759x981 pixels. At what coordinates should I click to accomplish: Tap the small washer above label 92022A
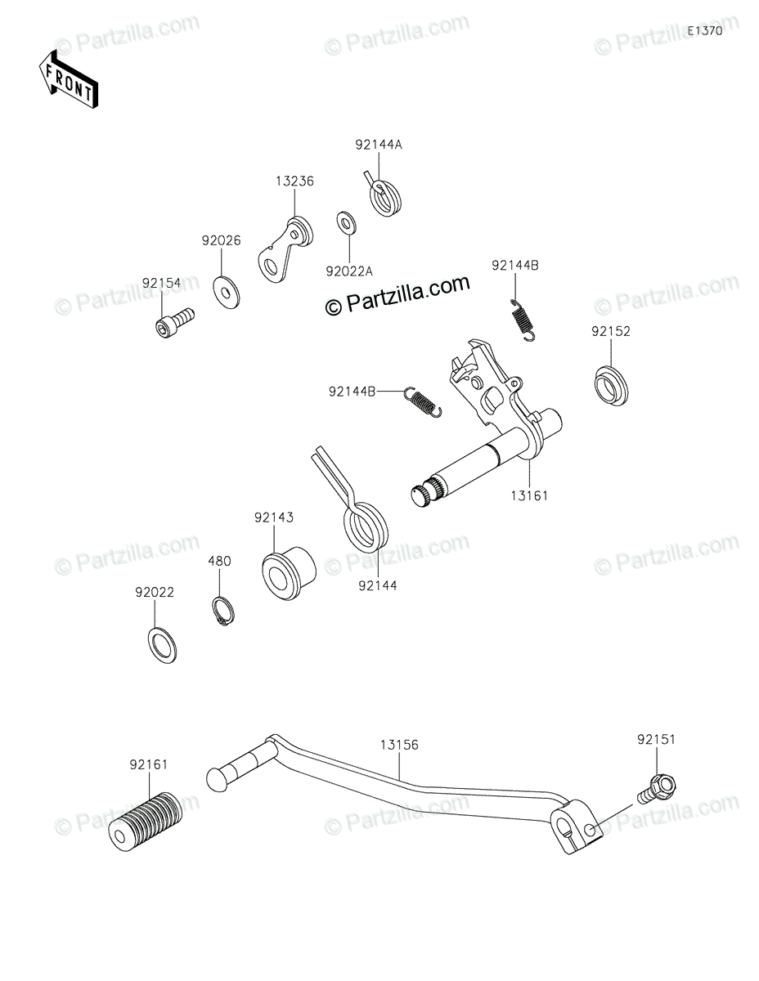click(344, 222)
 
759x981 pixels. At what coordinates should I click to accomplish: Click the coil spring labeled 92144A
click(384, 196)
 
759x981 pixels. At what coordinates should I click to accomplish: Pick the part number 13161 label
click(530, 495)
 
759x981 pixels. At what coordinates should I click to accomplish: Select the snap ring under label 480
click(222, 613)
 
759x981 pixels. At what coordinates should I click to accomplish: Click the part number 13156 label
click(398, 745)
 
